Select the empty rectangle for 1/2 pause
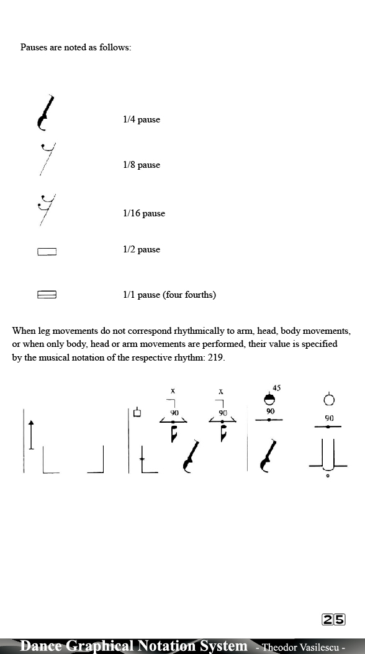[47, 252]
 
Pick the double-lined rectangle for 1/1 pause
[47, 295]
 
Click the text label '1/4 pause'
[141, 119]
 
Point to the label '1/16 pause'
[143, 213]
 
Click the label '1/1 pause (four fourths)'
[169, 295]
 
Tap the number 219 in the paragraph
[215, 357]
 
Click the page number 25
[333, 619]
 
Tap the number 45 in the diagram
[276, 388]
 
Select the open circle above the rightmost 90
[329, 400]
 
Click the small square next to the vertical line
[138, 413]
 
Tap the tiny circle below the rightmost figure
[328, 477]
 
